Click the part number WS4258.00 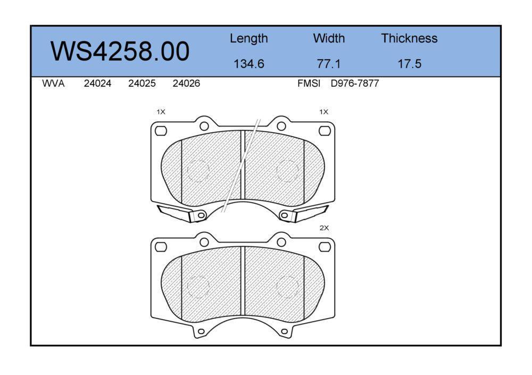120,51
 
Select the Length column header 248,39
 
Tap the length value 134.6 248,64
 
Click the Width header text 329,38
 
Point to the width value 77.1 328,64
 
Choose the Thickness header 409,38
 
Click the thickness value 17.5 409,64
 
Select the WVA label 53,84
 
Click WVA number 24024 97,84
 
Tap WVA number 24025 142,84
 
